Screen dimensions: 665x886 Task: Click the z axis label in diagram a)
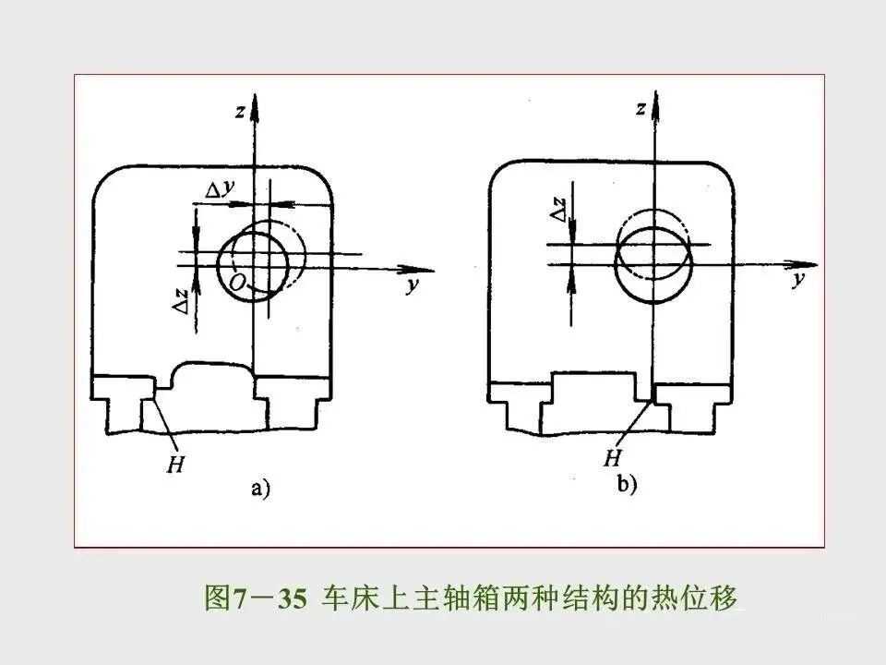pyautogui.click(x=239, y=112)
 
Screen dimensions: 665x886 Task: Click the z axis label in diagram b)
pyautogui.click(x=640, y=109)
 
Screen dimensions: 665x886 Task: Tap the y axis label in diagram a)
pyautogui.click(x=412, y=285)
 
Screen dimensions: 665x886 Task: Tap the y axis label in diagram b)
pyautogui.click(x=797, y=279)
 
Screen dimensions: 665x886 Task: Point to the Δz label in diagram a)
pyautogui.click(x=184, y=297)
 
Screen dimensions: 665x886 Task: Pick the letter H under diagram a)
pyautogui.click(x=176, y=464)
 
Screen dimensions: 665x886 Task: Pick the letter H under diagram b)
pyautogui.click(x=611, y=456)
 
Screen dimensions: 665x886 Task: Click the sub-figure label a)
pyautogui.click(x=260, y=490)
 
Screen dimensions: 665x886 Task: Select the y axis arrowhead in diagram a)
pyautogui.click(x=423, y=269)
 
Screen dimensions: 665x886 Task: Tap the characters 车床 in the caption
pyautogui.click(x=344, y=598)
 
